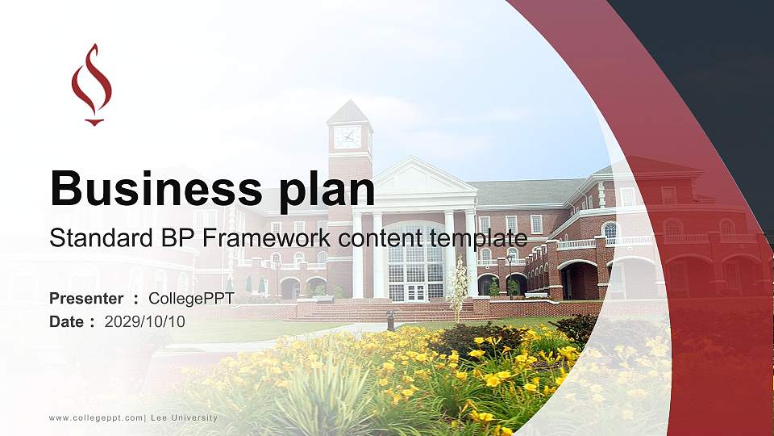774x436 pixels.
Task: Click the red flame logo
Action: pos(91,84)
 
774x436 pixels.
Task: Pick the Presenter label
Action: pos(86,299)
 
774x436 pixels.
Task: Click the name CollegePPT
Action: pos(191,299)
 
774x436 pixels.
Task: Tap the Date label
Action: pos(68,321)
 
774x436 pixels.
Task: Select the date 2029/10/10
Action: pos(145,321)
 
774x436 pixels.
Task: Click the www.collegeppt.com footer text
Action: pos(97,417)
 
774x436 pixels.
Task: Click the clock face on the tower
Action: pos(348,136)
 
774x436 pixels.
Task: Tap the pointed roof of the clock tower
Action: pos(349,112)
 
